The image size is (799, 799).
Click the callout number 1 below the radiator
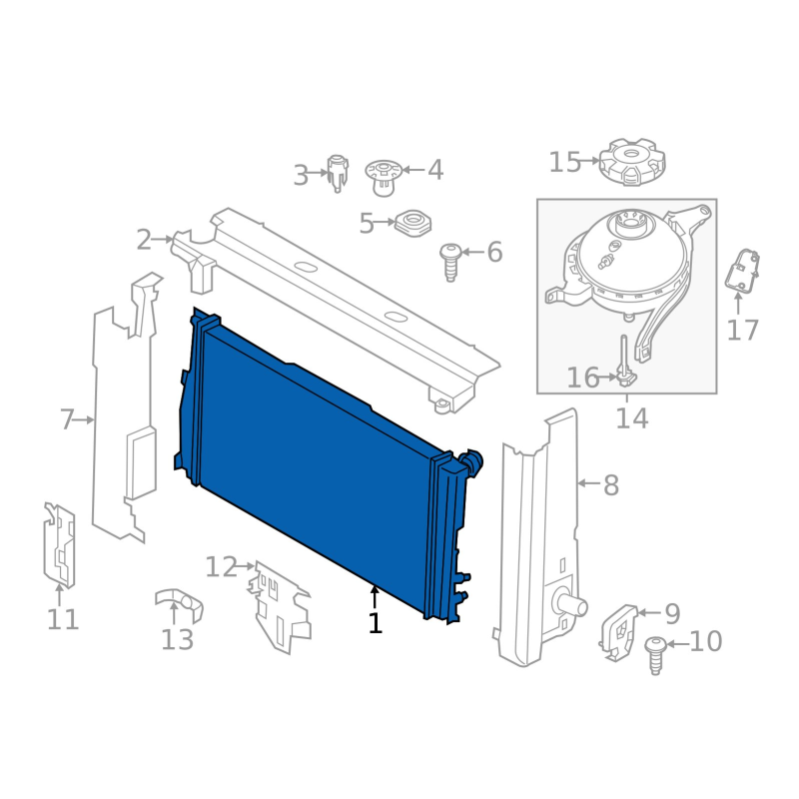(x=376, y=622)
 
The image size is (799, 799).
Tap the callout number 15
(x=564, y=162)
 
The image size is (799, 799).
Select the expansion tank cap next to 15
(x=632, y=162)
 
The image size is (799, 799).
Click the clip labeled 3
(x=338, y=173)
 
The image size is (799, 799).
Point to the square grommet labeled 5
(x=412, y=223)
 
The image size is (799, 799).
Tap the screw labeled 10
(x=656, y=656)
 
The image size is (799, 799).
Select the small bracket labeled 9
(x=618, y=633)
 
